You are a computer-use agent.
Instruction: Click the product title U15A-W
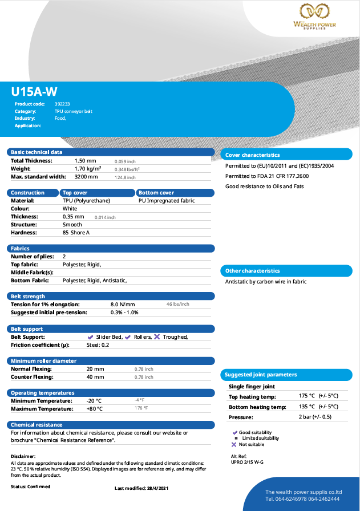tap(34, 91)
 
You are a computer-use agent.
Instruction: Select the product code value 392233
tap(62, 104)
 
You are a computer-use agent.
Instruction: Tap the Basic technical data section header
tap(37, 152)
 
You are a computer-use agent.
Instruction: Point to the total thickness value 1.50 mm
tap(86, 161)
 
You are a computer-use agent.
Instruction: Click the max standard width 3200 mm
tap(86, 177)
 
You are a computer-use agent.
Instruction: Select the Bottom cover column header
tap(156, 193)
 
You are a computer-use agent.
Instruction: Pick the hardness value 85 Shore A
tap(76, 233)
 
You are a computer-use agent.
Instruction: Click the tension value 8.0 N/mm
tap(123, 304)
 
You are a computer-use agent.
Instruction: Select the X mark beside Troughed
tap(157, 336)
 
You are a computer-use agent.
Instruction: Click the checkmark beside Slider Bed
tap(90, 337)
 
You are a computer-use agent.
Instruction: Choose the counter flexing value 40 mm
tap(95, 377)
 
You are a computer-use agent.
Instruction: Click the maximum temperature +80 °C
tap(94, 408)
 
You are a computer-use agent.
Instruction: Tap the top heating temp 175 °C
tap(307, 396)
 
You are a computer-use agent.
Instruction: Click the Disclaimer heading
tap(23, 456)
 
